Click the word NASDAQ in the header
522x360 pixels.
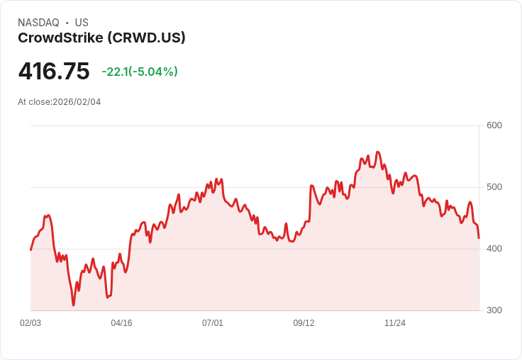click(38, 23)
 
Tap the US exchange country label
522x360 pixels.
click(82, 23)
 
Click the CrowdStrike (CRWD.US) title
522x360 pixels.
click(101, 38)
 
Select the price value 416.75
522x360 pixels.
click(54, 72)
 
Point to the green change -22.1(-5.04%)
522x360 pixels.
click(140, 72)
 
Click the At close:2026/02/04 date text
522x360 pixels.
click(60, 102)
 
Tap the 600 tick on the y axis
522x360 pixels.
click(494, 125)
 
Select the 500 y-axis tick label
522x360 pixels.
click(494, 187)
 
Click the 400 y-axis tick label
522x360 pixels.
click(494, 249)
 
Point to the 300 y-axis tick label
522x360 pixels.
click(494, 310)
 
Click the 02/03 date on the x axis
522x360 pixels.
click(30, 323)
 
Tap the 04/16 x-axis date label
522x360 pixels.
click(121, 323)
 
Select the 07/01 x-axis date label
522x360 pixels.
click(213, 323)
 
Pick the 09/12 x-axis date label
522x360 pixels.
click(304, 323)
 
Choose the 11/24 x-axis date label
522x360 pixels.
click(395, 323)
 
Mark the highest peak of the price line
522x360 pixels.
click(378, 152)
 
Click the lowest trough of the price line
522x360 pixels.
click(73, 305)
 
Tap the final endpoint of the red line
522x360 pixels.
click(479, 238)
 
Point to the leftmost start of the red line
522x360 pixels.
click(30, 249)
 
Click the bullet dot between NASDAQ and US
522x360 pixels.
click(67, 23)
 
